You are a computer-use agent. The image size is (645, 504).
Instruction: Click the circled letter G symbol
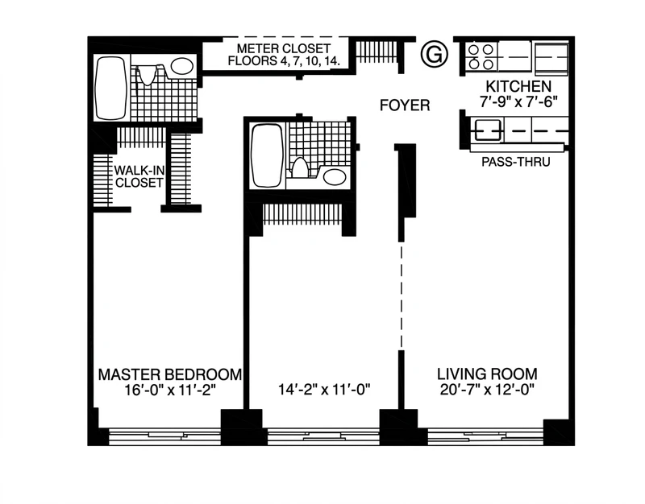435,55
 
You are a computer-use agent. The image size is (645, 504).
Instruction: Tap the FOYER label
405,105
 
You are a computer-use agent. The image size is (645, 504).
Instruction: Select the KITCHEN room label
518,87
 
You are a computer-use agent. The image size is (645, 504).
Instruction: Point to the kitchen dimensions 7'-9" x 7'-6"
518,101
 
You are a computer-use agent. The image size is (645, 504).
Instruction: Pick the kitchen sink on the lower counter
489,130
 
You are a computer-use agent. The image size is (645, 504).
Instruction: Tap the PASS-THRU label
516,162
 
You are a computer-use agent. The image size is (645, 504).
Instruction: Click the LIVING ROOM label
487,374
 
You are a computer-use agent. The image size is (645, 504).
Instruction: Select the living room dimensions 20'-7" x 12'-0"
487,390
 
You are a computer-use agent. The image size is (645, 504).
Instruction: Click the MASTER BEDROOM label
170,374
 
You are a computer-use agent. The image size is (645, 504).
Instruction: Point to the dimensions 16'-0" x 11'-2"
170,390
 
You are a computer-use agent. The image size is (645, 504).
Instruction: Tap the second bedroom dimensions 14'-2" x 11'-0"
325,389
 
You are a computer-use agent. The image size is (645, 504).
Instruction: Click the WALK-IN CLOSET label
139,176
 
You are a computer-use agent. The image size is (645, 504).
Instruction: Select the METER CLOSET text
284,48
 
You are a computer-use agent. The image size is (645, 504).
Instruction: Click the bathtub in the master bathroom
110,88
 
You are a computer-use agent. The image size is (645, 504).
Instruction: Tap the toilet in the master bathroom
147,74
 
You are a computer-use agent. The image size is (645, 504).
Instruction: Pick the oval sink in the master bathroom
182,66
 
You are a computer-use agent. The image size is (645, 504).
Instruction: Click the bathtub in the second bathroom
267,155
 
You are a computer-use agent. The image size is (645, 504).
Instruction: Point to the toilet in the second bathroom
299,167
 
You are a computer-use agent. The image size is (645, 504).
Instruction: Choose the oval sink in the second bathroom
334,177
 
